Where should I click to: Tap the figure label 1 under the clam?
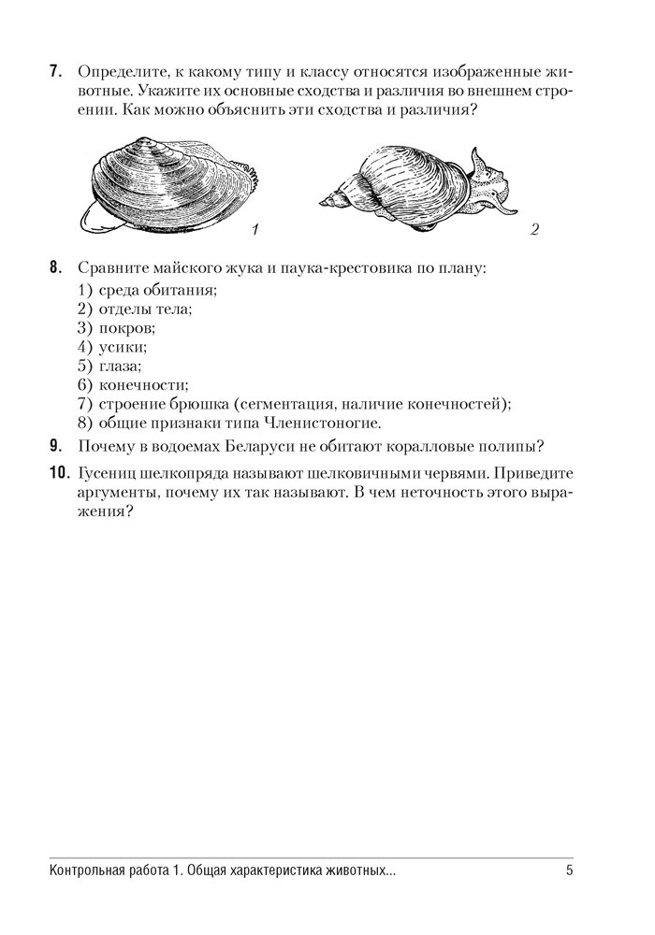(x=255, y=229)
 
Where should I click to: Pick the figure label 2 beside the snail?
(x=533, y=229)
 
